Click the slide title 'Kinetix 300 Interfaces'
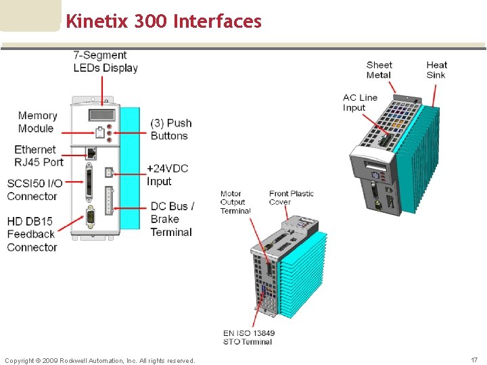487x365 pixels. pyautogui.click(x=163, y=22)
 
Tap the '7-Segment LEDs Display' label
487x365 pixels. pyautogui.click(x=105, y=62)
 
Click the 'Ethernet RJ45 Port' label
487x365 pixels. pyautogui.click(x=39, y=155)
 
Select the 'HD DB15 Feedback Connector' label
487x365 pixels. pyautogui.click(x=32, y=234)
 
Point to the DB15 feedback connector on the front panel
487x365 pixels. pyautogui.click(x=91, y=217)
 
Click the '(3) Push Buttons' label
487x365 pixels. pyautogui.click(x=170, y=129)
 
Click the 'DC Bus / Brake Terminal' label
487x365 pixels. pyautogui.click(x=172, y=219)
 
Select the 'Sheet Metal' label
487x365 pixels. pyautogui.click(x=379, y=70)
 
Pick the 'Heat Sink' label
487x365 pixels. pyautogui.click(x=436, y=70)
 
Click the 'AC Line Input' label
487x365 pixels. pyautogui.click(x=359, y=103)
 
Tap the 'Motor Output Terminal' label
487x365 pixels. pyautogui.click(x=235, y=202)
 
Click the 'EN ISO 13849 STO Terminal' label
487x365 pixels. pyautogui.click(x=248, y=337)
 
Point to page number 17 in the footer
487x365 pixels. pyautogui.click(x=474, y=360)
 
